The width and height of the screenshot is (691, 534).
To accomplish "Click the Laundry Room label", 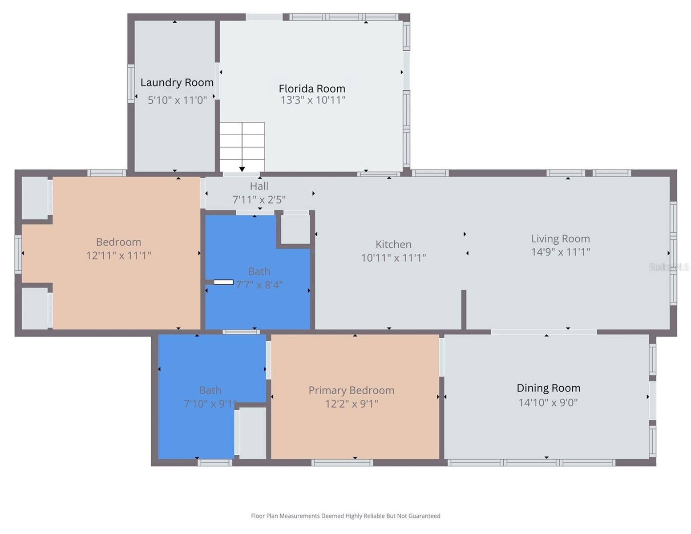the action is tap(177, 83).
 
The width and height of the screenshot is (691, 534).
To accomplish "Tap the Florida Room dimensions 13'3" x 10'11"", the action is tap(313, 100).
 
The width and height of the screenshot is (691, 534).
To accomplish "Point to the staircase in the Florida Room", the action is tap(242, 147).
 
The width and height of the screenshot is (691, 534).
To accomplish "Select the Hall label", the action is tap(259, 186).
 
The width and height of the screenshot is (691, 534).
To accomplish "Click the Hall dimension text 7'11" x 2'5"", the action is tap(259, 200).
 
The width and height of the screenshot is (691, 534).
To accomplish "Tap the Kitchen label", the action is tap(393, 244).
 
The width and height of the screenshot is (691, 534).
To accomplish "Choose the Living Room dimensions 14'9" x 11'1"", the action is tap(561, 252).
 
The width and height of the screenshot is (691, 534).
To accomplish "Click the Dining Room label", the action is tap(549, 388).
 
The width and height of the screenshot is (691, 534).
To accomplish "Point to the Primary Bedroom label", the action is tap(352, 390).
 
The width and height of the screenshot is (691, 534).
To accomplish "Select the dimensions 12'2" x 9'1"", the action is tap(352, 404).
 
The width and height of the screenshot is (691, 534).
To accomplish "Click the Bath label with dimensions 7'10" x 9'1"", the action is tap(210, 390).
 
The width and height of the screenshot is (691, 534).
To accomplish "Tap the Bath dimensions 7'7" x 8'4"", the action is tap(259, 285).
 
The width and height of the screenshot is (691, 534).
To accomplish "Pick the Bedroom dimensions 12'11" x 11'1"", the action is tap(119, 255).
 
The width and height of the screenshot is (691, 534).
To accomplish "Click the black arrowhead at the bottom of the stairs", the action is tap(242, 169).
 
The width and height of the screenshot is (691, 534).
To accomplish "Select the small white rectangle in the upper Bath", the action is tap(223, 282).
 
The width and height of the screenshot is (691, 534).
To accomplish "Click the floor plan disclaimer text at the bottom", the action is tap(346, 516).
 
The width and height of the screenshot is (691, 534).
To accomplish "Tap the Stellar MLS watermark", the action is tap(669, 267).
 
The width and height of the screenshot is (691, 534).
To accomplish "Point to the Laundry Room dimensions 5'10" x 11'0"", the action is tap(177, 100).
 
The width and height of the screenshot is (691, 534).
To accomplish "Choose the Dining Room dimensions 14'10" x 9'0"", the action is tap(548, 403).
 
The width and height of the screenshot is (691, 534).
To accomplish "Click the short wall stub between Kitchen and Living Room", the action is tap(464, 309).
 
